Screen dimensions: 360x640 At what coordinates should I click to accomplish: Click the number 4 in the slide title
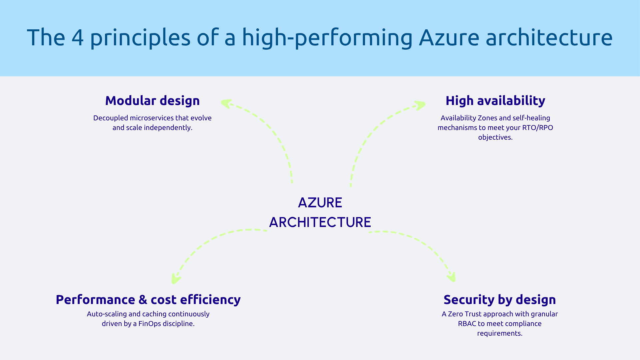coord(77,37)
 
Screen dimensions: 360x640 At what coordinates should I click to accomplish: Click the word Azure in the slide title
coord(449,37)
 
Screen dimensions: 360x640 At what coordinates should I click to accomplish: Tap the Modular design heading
coord(152,101)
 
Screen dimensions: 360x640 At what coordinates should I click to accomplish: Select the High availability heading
coord(495,101)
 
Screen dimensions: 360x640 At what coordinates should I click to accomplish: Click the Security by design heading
coord(500,300)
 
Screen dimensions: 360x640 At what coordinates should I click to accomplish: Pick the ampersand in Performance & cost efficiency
coord(143,300)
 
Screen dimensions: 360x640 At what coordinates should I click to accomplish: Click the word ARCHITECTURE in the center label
coord(320,222)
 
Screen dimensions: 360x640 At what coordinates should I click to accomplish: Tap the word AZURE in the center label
coord(320,203)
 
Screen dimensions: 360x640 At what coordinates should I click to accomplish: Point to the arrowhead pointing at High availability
coord(420,105)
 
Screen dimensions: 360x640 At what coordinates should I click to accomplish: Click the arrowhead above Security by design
coord(452,277)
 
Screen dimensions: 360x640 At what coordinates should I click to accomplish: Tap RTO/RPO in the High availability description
coord(537,128)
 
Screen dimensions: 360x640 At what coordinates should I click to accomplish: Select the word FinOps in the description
coord(150,324)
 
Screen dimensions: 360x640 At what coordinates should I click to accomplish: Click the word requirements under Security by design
coord(500,333)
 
